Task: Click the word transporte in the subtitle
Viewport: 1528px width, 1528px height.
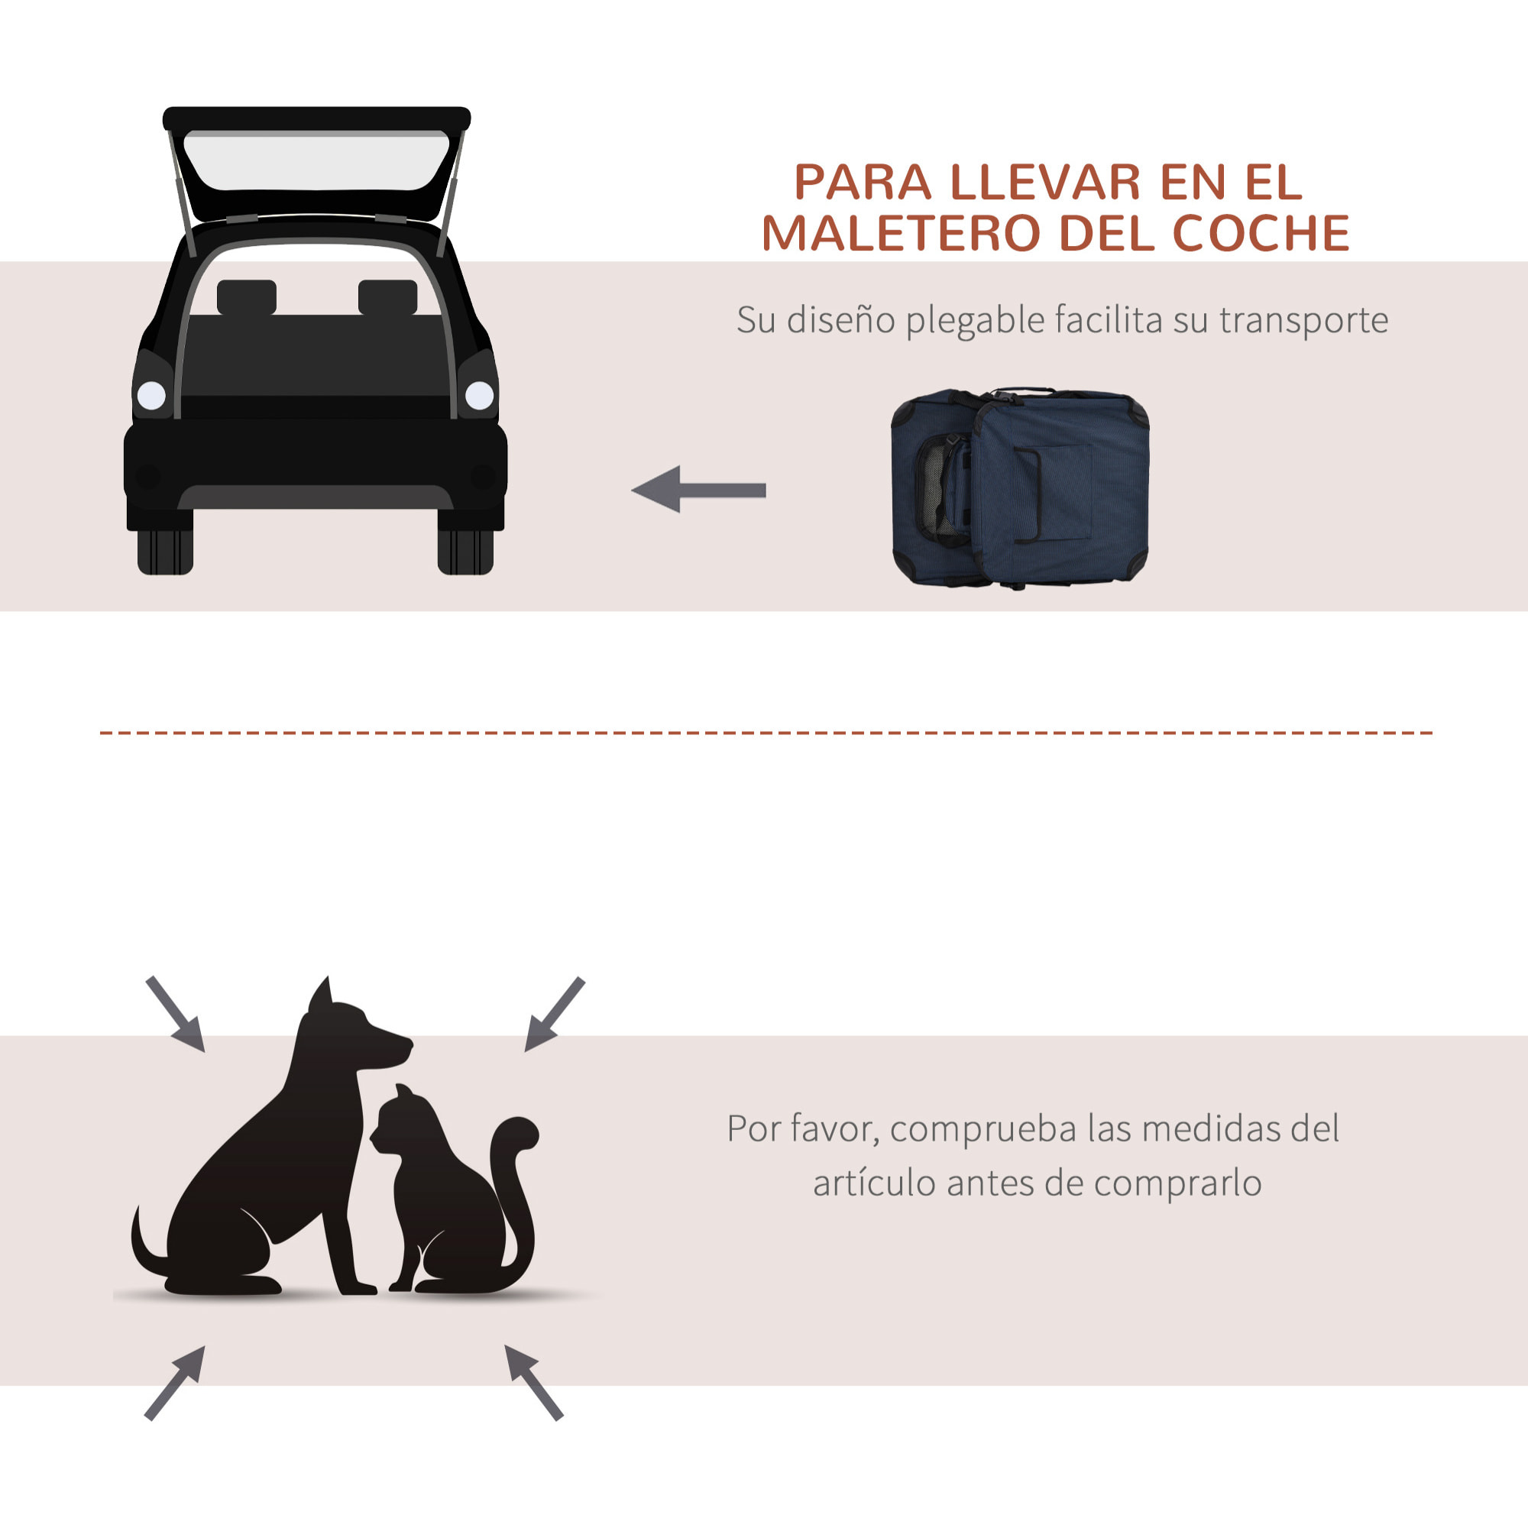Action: tap(1303, 321)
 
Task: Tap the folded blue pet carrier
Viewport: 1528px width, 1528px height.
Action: tap(1020, 487)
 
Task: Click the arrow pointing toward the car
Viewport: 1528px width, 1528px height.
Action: tap(698, 490)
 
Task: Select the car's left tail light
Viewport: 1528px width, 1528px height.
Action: tap(151, 395)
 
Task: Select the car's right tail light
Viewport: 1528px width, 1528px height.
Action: tap(479, 395)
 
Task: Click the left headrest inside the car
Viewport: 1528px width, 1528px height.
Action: tap(247, 297)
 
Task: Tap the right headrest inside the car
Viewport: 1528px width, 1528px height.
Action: tap(387, 297)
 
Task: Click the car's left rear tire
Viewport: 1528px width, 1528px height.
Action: tap(165, 552)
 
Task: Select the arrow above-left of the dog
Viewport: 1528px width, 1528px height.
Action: tap(176, 1015)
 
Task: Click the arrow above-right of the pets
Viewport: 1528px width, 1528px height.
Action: tap(554, 1015)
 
